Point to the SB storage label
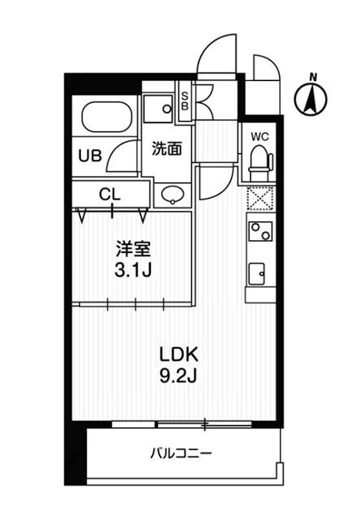(184, 101)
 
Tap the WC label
(259, 136)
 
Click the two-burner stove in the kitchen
(259, 232)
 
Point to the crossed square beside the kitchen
(259, 198)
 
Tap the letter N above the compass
(314, 78)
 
